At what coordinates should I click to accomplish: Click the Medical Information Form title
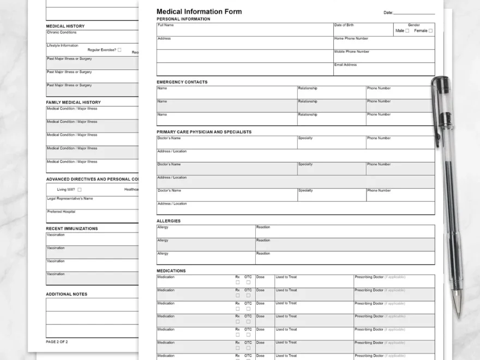(199, 11)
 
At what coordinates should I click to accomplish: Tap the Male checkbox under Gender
(407, 31)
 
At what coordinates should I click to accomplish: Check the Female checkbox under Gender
(430, 31)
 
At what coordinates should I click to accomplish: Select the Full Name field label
(165, 25)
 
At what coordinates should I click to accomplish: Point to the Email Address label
(345, 65)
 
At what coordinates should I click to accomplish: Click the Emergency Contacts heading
(182, 82)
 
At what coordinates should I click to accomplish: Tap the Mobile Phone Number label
(352, 52)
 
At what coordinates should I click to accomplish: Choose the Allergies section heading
(169, 221)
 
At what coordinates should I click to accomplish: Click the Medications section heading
(171, 271)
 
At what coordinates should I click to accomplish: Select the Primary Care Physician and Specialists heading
(204, 132)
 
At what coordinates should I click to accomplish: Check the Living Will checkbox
(80, 190)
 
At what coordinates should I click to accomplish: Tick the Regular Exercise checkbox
(119, 50)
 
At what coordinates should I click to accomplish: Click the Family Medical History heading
(73, 103)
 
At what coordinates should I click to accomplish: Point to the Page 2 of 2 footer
(57, 342)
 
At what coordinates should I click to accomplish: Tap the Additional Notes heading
(67, 295)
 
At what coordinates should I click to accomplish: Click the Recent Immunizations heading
(72, 229)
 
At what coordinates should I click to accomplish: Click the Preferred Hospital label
(61, 212)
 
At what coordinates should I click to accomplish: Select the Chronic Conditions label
(62, 33)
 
